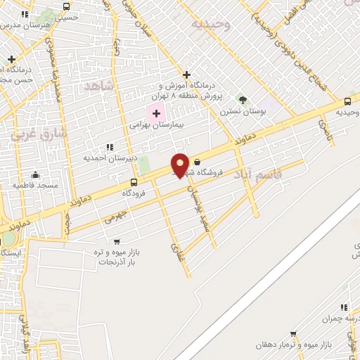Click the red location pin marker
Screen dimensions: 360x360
point(180,165)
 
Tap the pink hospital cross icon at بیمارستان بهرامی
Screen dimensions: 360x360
point(156,113)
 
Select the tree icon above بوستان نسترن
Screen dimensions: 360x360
point(243,100)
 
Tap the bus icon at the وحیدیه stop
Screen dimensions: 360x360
point(347,102)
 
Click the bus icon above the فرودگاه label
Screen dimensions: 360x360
point(134,182)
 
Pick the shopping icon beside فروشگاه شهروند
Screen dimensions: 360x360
point(196,161)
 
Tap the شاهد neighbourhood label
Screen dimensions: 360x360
point(98,86)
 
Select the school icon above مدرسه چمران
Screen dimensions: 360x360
point(344,307)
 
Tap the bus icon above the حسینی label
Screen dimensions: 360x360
point(66,6)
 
